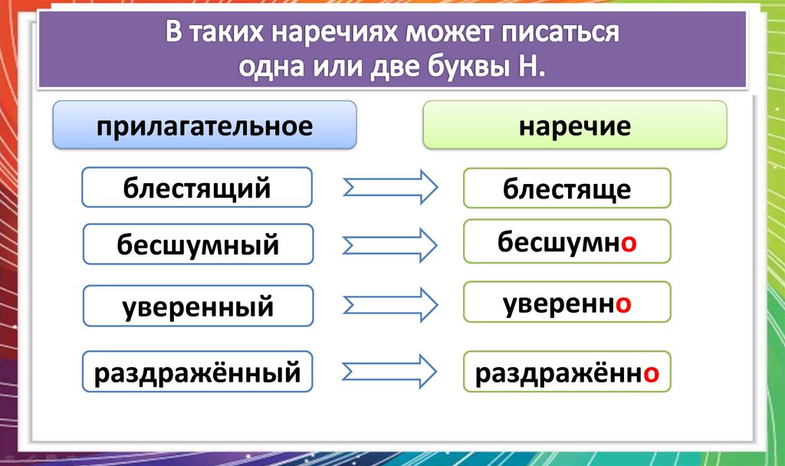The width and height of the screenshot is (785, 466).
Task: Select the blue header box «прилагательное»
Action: (204, 125)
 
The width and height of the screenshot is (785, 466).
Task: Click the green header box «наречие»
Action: (574, 125)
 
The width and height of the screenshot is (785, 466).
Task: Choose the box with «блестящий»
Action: (197, 188)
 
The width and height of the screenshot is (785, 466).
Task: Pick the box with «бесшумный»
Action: (198, 244)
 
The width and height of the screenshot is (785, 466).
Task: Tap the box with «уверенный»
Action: (198, 306)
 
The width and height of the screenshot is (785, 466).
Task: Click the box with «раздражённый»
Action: (197, 373)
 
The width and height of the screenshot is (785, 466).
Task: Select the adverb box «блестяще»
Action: (567, 189)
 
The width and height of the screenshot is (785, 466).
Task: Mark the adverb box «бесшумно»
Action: (567, 242)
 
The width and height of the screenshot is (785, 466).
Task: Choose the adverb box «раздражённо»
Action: (567, 373)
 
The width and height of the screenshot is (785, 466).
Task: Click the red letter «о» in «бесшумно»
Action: (628, 242)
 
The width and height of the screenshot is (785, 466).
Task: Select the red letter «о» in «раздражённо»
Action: (651, 374)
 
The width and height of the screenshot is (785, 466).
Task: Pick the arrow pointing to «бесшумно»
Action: (389, 244)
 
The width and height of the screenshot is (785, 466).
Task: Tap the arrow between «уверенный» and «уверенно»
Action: (389, 306)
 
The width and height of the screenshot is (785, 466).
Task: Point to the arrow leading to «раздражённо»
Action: (389, 372)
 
